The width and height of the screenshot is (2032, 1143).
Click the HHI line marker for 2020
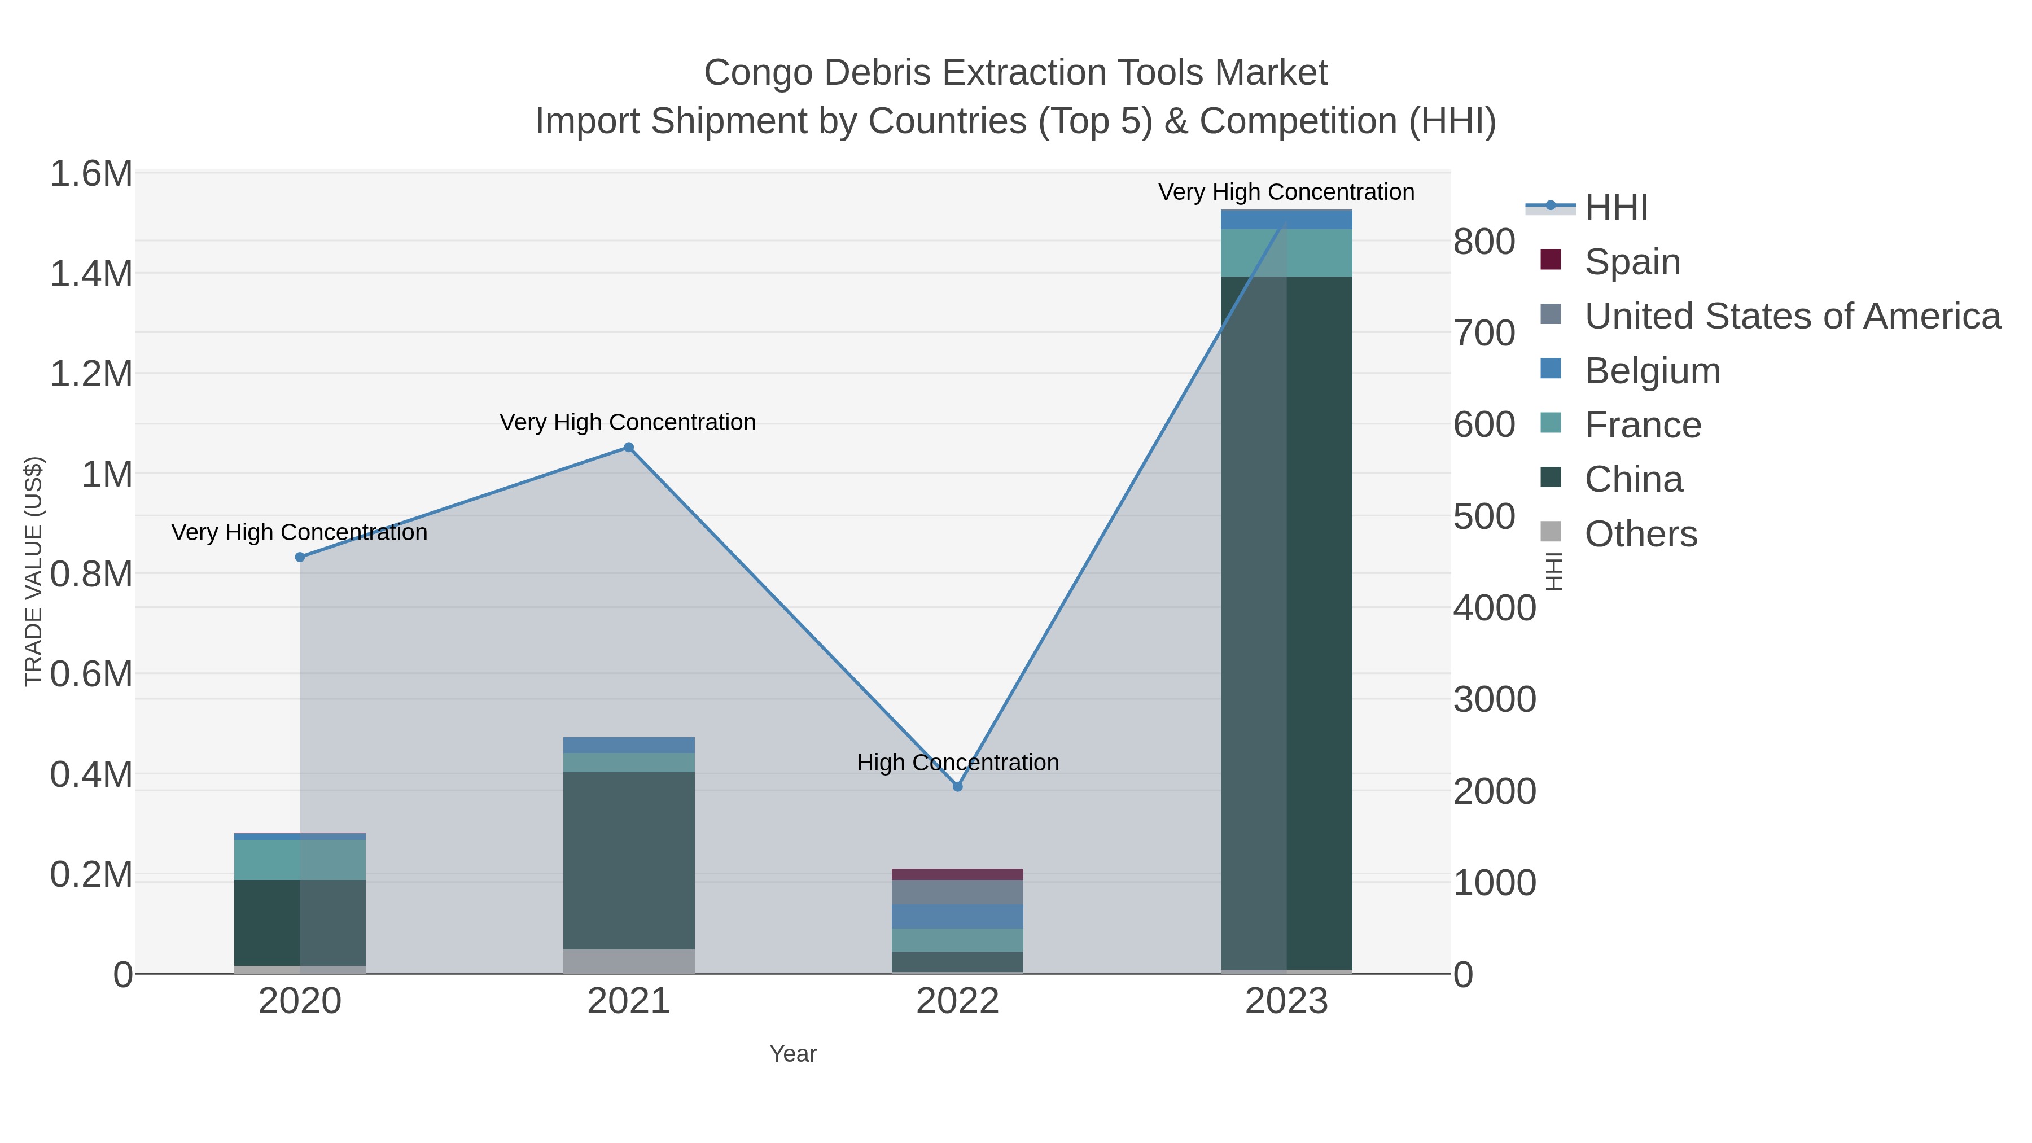[x=300, y=557]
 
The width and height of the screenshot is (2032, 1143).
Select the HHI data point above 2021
[x=629, y=447]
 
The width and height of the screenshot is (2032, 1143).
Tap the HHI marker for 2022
[x=958, y=786]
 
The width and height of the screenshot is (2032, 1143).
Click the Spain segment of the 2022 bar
[x=958, y=874]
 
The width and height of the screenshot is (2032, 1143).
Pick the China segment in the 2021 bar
[x=629, y=860]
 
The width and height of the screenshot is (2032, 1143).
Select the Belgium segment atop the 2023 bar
[x=1286, y=220]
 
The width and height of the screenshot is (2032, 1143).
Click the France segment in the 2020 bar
[x=300, y=860]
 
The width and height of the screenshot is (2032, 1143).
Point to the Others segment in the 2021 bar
[x=629, y=961]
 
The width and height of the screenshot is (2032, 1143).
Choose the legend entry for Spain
[x=1632, y=261]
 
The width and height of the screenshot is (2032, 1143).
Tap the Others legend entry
[x=1640, y=533]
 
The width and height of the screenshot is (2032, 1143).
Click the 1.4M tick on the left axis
[x=91, y=274]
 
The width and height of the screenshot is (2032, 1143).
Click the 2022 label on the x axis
[x=958, y=1001]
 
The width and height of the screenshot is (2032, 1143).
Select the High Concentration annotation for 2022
[x=958, y=762]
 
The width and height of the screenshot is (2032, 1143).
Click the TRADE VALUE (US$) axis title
[x=34, y=571]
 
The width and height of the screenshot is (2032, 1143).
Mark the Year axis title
[x=793, y=1053]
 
